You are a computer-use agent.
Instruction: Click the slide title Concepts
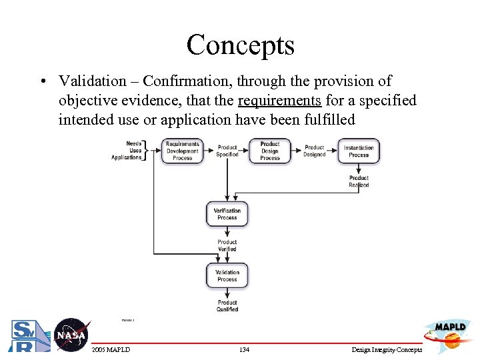click(x=240, y=45)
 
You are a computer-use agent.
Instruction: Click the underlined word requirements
click(x=279, y=101)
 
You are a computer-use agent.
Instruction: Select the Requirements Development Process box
click(x=182, y=151)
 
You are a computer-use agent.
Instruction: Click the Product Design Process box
click(x=269, y=151)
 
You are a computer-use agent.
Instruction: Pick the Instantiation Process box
click(x=359, y=151)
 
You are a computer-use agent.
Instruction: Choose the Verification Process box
click(x=227, y=214)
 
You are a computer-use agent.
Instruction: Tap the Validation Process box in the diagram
click(x=227, y=275)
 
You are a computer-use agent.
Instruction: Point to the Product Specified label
click(x=227, y=151)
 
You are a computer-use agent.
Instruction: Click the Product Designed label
click(x=314, y=151)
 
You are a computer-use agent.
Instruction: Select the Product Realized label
click(x=359, y=181)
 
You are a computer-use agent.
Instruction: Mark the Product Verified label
click(x=227, y=245)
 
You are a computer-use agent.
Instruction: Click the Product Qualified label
click(x=227, y=306)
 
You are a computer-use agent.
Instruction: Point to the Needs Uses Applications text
click(x=128, y=151)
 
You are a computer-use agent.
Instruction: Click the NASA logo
click(x=71, y=335)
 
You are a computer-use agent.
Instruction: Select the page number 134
click(x=243, y=350)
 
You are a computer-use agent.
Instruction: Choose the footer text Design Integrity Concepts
click(x=387, y=350)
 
